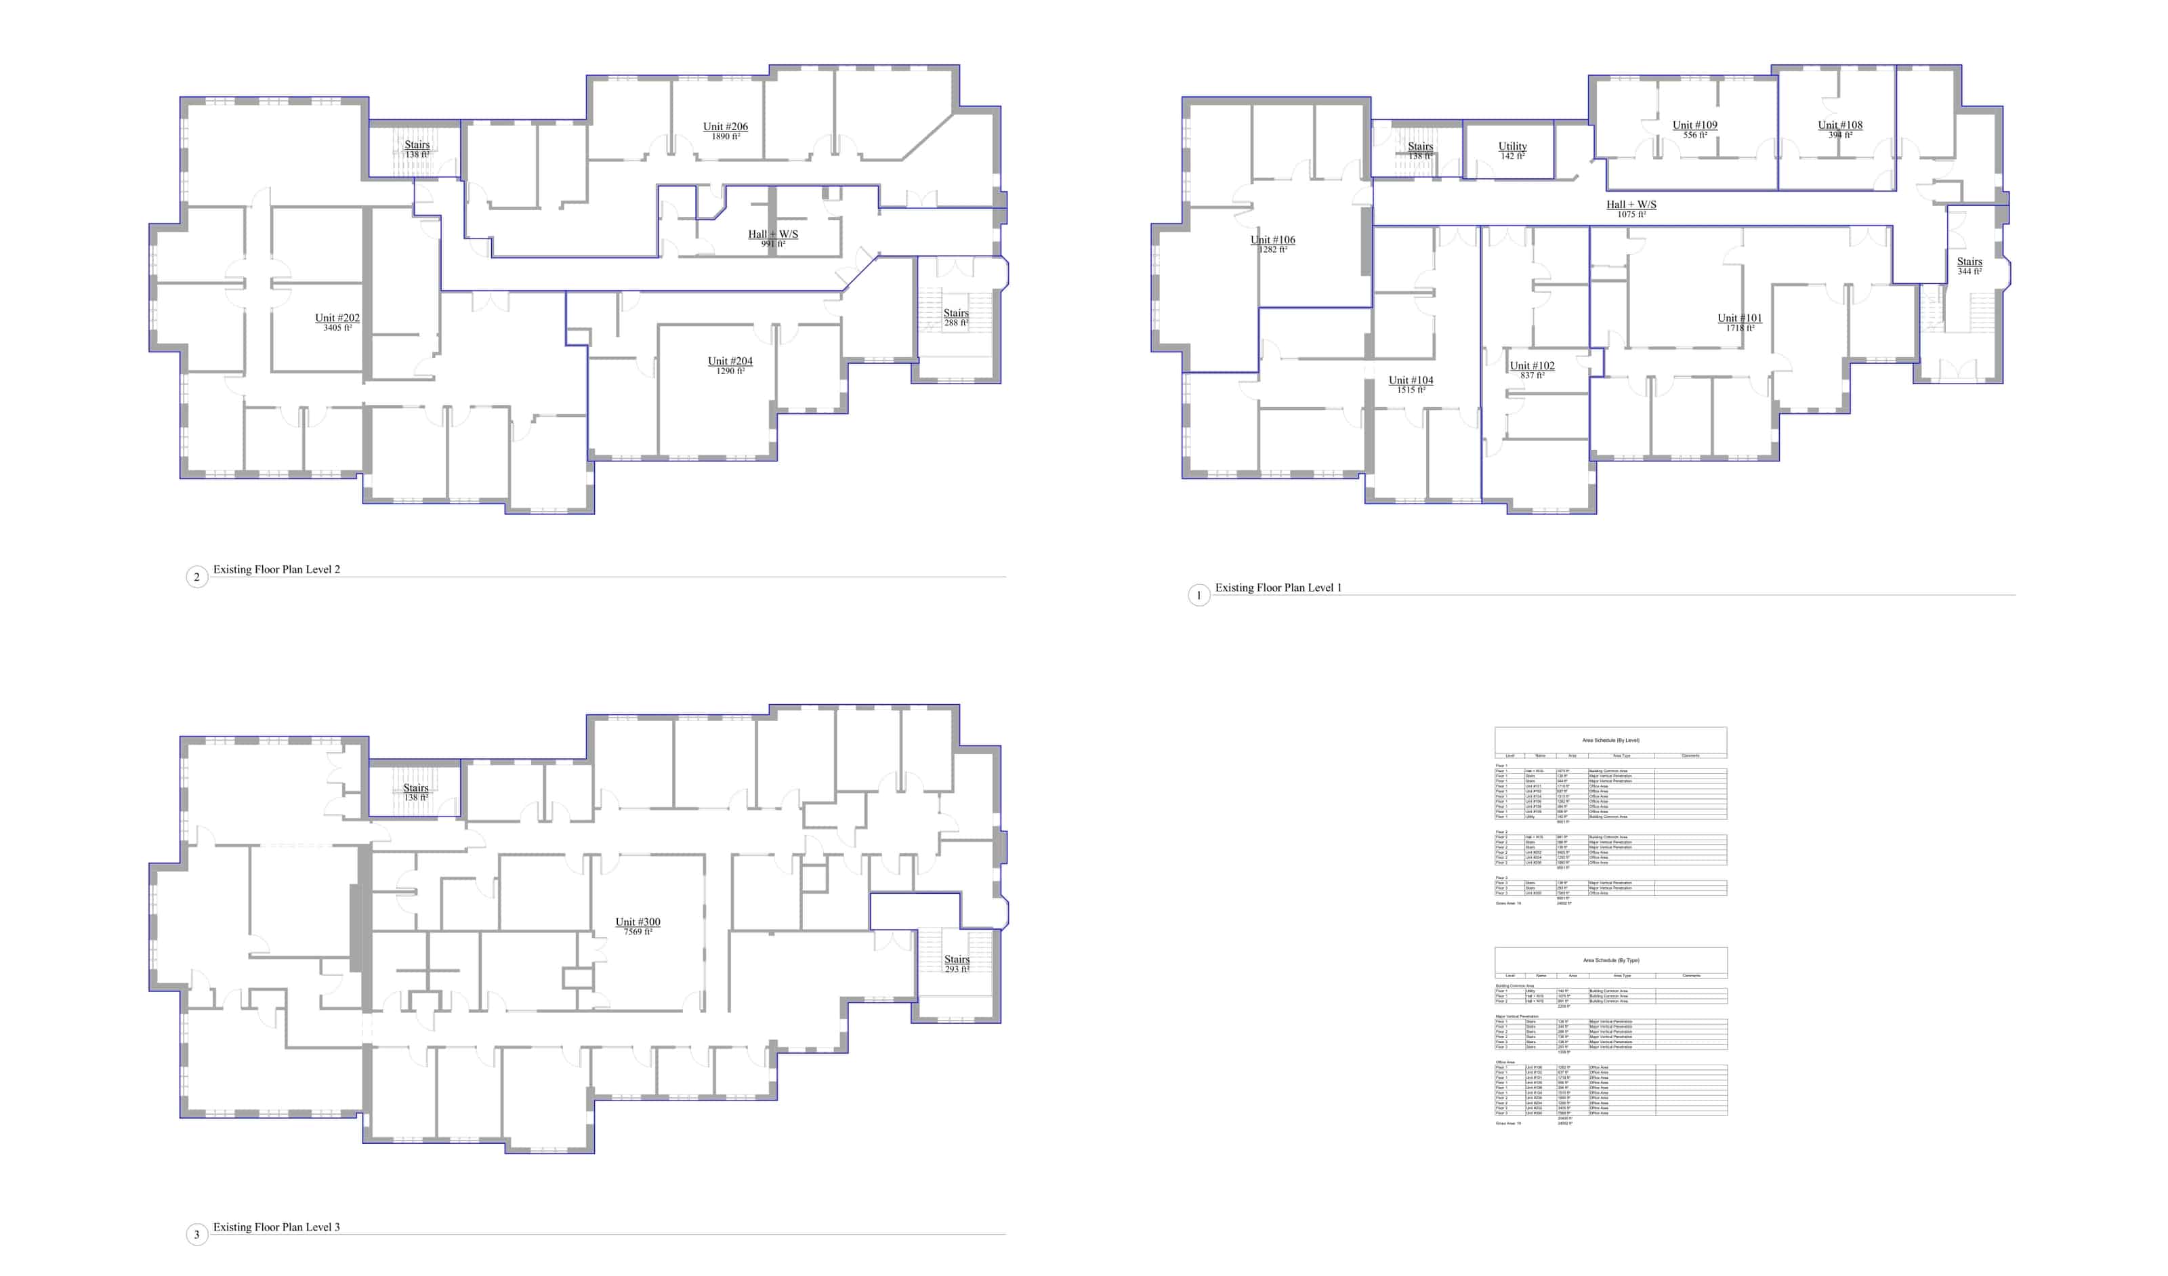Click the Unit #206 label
pos(724,127)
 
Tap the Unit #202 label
pos(337,318)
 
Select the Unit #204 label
pos(730,361)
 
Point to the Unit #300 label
pos(638,922)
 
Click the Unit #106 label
pos(1272,240)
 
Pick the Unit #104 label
pos(1411,380)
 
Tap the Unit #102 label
pos(1533,366)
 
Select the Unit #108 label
pos(1840,125)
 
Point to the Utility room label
pos(1512,147)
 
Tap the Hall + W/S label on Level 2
pos(772,234)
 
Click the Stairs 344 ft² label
pos(1969,262)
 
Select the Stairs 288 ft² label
pos(956,314)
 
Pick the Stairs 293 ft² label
pos(957,960)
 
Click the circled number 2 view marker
pos(197,577)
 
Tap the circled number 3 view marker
pos(197,1235)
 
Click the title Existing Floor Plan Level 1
pos(1278,588)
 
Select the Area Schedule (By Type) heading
pos(1610,960)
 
